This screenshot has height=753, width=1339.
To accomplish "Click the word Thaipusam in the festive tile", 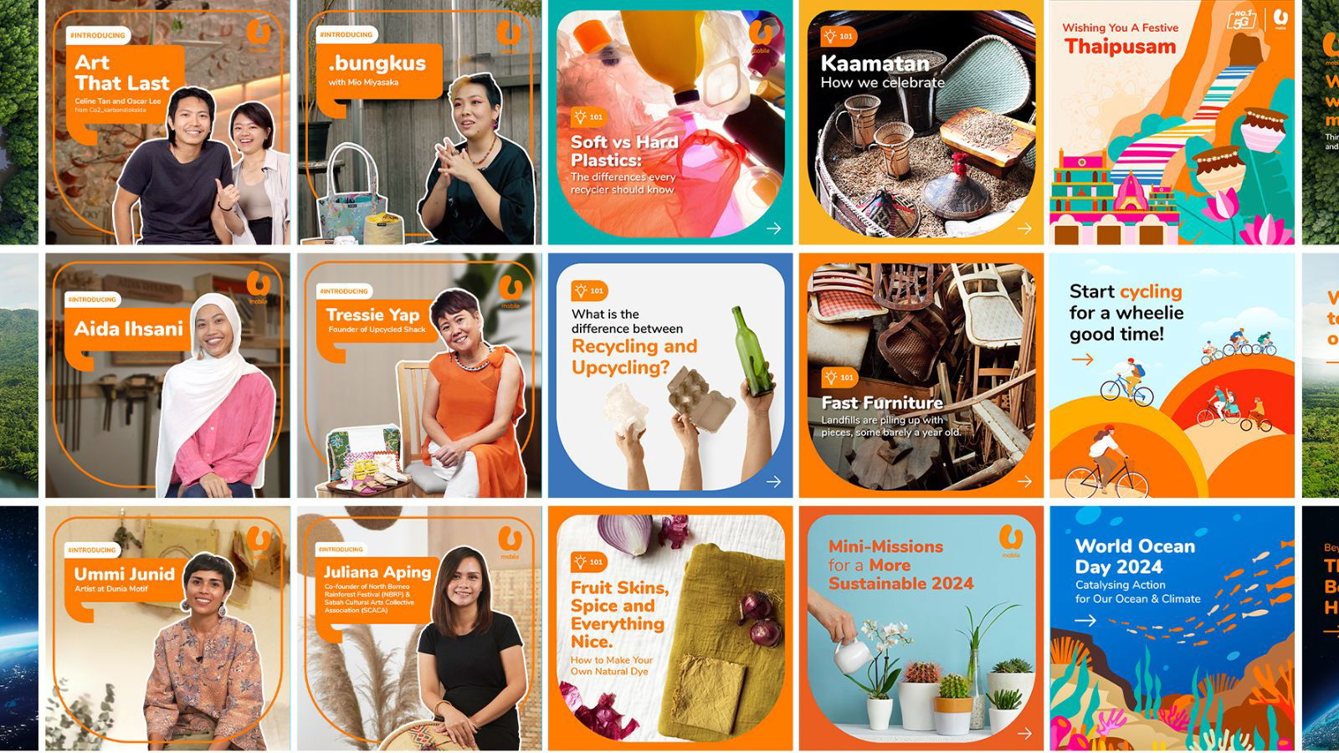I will (x=1120, y=47).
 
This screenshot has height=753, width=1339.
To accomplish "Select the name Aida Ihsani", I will (x=128, y=329).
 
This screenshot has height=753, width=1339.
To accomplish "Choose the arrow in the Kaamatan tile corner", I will (x=1024, y=228).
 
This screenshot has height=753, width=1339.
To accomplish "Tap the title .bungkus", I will (x=377, y=63).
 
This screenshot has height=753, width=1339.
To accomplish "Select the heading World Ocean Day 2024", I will (x=1134, y=556).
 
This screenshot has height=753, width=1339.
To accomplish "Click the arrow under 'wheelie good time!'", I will (x=1082, y=360).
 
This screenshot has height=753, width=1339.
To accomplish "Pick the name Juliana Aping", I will (x=377, y=572).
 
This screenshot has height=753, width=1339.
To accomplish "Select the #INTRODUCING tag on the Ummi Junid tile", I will (x=92, y=550).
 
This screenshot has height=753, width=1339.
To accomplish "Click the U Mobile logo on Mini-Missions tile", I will (x=1011, y=540).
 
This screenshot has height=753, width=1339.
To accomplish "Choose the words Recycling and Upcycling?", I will (x=634, y=356).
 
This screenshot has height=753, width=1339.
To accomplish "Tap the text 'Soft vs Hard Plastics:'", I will (x=623, y=151).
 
